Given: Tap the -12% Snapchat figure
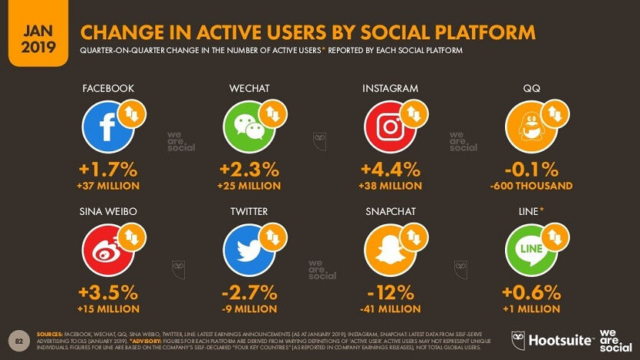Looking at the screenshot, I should [390, 292].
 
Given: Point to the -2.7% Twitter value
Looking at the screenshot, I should [249, 292].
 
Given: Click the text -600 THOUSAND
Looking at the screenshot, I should [531, 186].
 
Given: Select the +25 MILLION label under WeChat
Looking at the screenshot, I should [249, 186].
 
